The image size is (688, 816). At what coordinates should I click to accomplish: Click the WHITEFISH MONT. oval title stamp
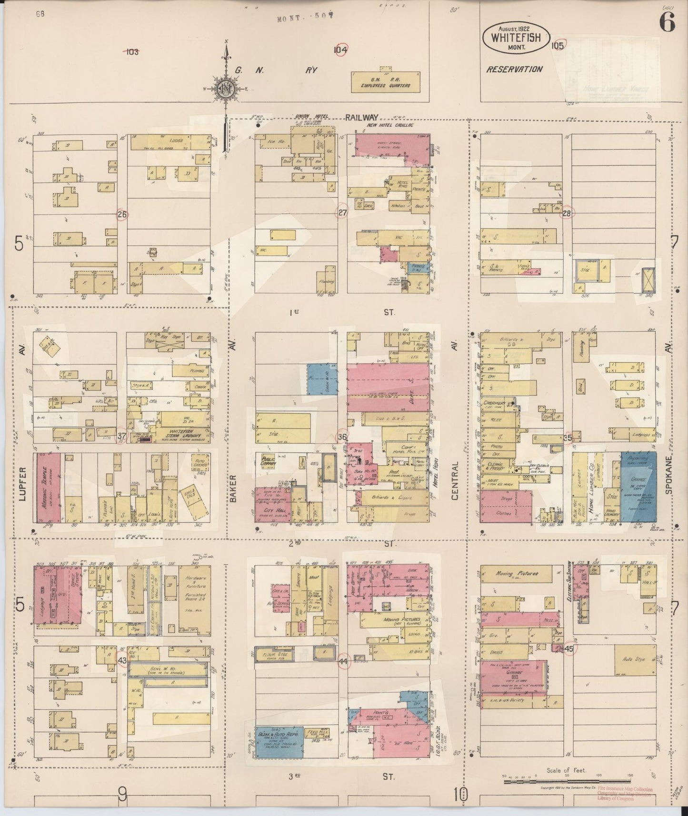517,37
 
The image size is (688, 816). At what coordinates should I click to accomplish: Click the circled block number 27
342,213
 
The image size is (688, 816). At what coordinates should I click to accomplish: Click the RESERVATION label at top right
514,69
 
